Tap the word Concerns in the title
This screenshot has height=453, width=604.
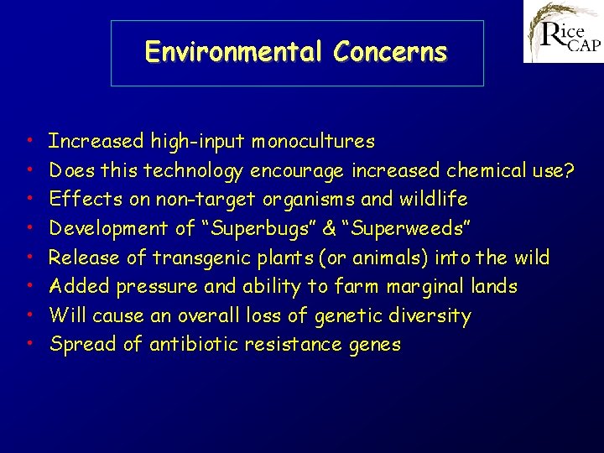point(390,52)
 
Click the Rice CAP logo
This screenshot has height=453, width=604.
point(563,32)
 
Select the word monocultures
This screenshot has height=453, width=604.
point(314,141)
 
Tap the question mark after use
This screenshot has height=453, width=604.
point(570,170)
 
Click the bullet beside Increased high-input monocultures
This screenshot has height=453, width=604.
point(29,141)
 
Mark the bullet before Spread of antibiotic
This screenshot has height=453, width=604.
point(29,344)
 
